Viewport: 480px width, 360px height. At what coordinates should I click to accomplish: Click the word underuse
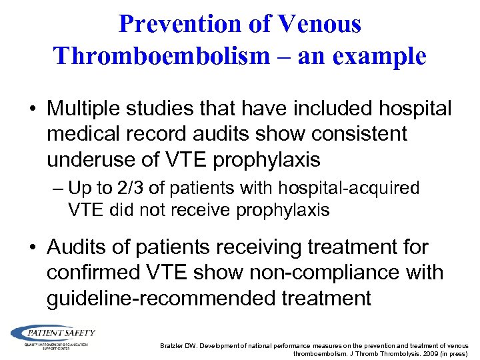coord(92,159)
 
